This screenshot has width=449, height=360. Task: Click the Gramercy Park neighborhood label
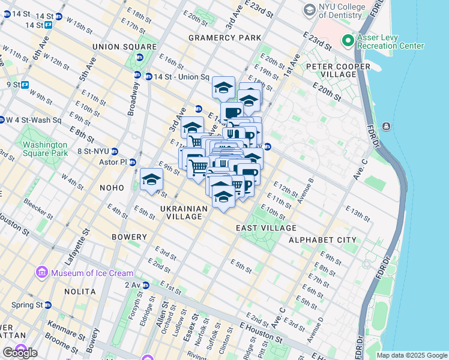[x=224, y=38]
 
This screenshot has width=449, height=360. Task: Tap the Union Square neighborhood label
[x=124, y=47]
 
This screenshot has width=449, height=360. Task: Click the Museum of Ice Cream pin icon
[x=42, y=273]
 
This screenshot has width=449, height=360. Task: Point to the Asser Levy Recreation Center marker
[x=347, y=41]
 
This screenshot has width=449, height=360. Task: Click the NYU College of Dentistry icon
[x=309, y=10]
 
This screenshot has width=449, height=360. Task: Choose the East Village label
[x=266, y=228]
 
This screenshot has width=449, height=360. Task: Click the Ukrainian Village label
[x=184, y=212]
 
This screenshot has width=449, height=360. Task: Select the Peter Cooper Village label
[x=331, y=70]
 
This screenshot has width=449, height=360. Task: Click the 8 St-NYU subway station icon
[x=115, y=152]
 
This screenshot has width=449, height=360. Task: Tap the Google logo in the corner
[x=20, y=353]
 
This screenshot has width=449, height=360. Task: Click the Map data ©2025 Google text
[x=411, y=355]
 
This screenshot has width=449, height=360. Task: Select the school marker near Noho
[x=152, y=180]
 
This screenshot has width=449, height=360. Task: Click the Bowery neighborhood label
[x=129, y=237]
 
